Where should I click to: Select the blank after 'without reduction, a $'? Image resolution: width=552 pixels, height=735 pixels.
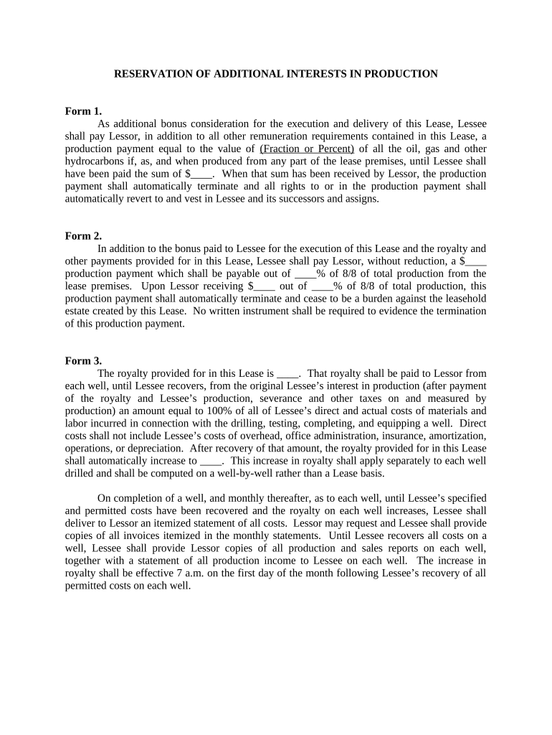pos(476,261)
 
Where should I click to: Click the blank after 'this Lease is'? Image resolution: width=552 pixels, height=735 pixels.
pos(287,373)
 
